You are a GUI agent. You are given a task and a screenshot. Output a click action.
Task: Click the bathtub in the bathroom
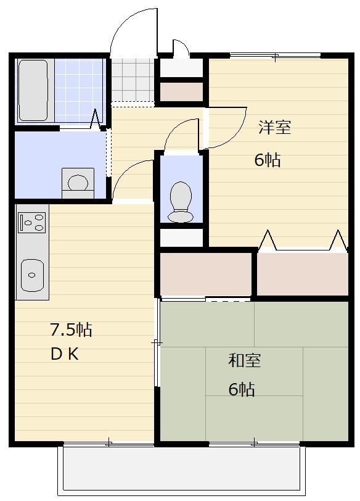click(33, 90)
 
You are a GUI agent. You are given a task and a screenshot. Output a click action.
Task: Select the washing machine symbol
click(78, 183)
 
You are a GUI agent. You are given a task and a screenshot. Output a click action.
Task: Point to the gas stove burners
click(32, 222)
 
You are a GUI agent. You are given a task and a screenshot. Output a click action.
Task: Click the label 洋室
click(274, 128)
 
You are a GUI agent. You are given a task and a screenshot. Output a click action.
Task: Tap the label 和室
click(245, 360)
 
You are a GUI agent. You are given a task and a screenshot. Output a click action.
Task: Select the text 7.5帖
click(71, 329)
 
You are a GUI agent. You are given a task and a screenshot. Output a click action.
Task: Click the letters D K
click(65, 355)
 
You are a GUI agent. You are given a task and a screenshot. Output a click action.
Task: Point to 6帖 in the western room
click(268, 160)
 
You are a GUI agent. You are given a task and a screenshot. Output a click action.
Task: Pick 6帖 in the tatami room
click(242, 389)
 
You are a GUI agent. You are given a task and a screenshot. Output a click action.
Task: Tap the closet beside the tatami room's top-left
click(205, 273)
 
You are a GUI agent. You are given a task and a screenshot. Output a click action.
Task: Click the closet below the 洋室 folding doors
click(302, 273)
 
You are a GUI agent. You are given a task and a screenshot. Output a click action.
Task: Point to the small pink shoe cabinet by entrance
click(181, 91)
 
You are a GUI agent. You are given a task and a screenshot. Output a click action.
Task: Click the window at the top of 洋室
click(275, 56)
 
